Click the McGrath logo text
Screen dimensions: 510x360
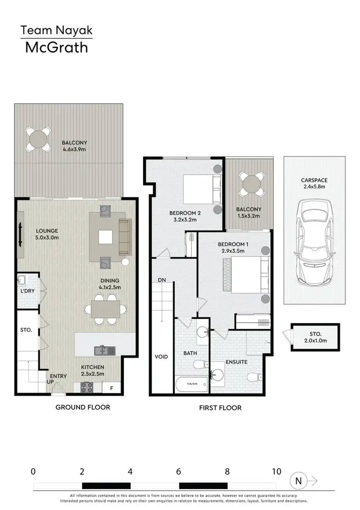point(57,47)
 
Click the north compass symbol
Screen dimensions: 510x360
point(299,480)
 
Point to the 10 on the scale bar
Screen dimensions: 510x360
point(276,472)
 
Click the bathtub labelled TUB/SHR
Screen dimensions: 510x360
point(192,384)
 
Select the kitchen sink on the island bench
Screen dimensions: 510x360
point(104,350)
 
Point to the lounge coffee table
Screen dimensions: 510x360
point(106,237)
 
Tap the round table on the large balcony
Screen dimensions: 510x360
point(38,139)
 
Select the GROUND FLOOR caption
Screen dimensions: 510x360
point(83,407)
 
